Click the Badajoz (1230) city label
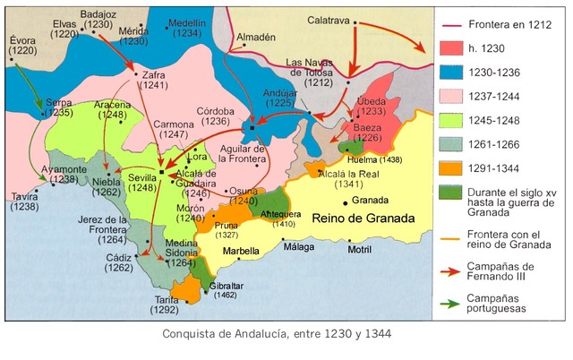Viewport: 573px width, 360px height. point(100,19)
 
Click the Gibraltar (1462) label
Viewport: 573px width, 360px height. point(227,288)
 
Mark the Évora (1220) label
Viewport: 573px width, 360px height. point(24,47)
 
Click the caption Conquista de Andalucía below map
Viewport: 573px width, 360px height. point(277,334)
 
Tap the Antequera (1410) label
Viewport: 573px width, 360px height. point(282,219)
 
